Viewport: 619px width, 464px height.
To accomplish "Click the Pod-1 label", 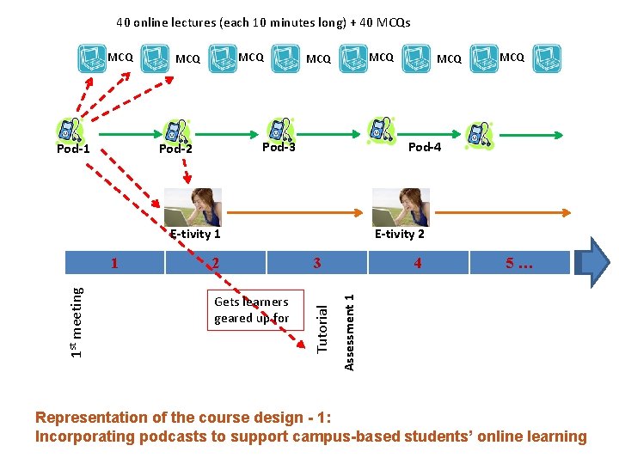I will point(73,150).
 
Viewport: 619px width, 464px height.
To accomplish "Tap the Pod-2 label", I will point(175,149).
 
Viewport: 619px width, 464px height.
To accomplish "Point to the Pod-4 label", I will point(425,147).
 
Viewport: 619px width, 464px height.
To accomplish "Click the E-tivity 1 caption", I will point(195,234).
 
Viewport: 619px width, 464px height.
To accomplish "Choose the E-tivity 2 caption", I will point(400,234).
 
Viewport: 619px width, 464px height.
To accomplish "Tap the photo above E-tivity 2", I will point(400,207).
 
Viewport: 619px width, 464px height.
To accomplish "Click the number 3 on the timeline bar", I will point(317,263).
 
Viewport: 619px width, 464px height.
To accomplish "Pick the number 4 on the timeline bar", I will point(418,263).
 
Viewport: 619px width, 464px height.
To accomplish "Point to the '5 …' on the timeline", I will point(519,263).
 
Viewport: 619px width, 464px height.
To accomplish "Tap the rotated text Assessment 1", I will point(349,332).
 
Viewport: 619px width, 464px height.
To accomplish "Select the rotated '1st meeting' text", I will point(77,321).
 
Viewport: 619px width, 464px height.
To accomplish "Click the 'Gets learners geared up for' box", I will point(251,310).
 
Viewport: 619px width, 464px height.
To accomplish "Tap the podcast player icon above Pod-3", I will point(279,129).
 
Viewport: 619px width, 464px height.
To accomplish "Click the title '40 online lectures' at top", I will point(264,22).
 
